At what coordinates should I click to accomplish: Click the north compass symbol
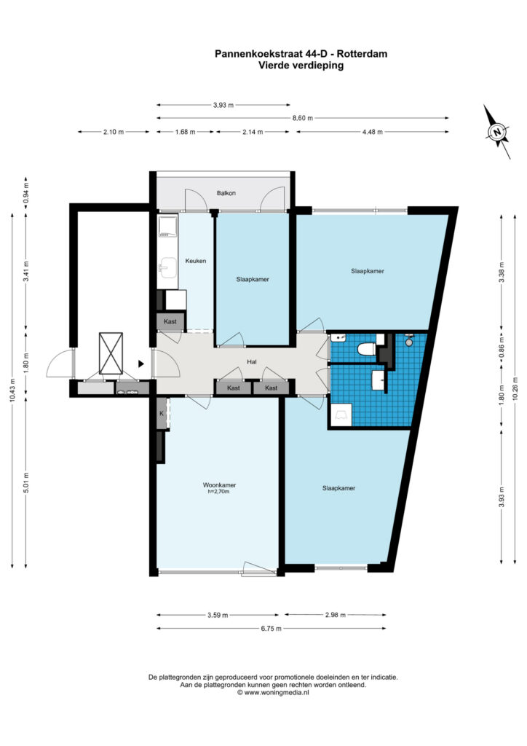coord(497,132)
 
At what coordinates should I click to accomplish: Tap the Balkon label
coord(226,193)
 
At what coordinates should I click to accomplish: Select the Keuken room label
coord(195,261)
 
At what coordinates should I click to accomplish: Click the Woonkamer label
coord(219,485)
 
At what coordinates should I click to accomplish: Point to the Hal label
coord(252,362)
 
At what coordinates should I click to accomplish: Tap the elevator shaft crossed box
coord(111,353)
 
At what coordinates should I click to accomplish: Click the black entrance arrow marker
coord(141,364)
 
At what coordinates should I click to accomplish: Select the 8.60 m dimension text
coord(303,118)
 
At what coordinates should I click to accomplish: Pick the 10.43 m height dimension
coord(12,390)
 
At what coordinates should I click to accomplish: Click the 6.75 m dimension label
coord(272,629)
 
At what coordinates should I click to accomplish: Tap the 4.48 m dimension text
coord(372,132)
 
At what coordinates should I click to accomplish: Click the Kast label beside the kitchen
coord(170,321)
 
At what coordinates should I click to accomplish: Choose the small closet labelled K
coord(162,414)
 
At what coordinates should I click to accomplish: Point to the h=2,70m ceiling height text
coord(218,492)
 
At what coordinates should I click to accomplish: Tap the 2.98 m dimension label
coord(336,615)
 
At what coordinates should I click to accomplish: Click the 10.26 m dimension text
coord(515,390)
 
